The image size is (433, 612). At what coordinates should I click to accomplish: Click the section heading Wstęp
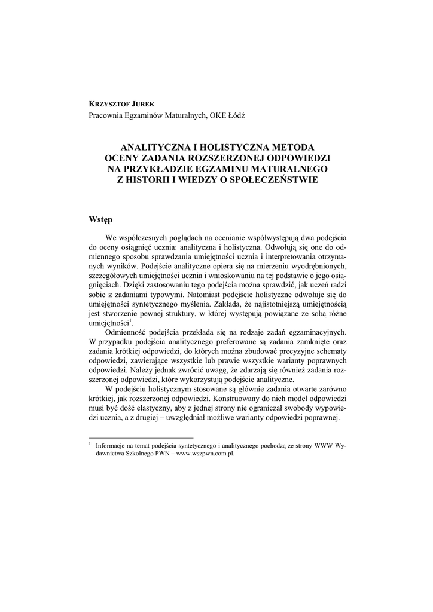pos(100,219)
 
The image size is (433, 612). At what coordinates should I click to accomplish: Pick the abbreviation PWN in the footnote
pos(158,454)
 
